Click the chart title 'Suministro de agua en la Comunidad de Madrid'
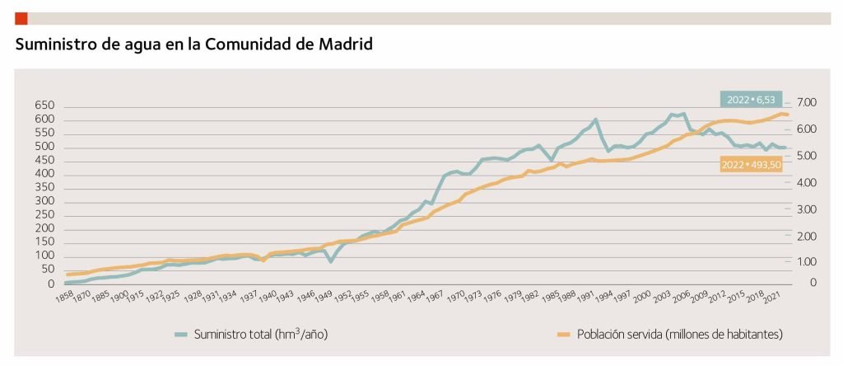click(194, 44)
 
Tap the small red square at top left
click(21, 18)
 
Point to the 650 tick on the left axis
click(44, 106)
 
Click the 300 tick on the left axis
click(44, 202)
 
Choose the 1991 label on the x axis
click(585, 294)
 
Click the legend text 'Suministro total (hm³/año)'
click(262, 334)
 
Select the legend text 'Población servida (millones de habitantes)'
click(679, 334)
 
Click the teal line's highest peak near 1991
click(594, 120)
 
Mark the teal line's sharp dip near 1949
click(330, 261)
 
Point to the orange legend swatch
click(563, 335)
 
